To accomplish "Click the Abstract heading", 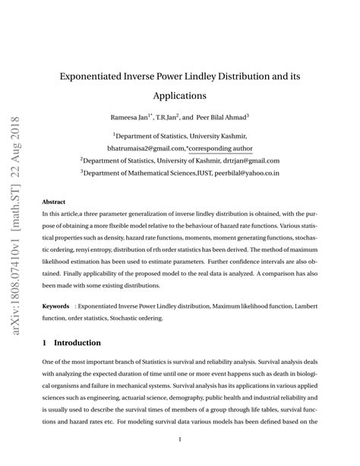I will [53, 202].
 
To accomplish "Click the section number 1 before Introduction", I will [45, 344].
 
